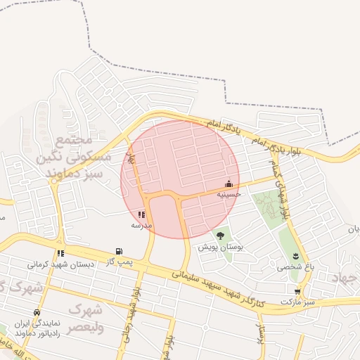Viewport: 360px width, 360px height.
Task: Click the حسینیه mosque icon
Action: (x=229, y=184)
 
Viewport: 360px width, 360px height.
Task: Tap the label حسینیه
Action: (x=229, y=193)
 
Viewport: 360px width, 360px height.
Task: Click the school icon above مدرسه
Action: (x=141, y=214)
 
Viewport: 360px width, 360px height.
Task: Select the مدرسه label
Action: (x=141, y=225)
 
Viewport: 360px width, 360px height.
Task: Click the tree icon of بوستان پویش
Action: (x=220, y=236)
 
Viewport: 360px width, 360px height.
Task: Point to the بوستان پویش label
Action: (x=220, y=247)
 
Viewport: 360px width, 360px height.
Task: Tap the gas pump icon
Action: (x=119, y=251)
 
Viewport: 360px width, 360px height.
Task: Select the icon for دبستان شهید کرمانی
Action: (x=61, y=253)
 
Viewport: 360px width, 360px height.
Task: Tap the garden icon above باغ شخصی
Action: (x=295, y=256)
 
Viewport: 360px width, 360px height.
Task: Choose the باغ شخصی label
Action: (x=293, y=266)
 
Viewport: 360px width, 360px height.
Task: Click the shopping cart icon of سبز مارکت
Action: (x=298, y=290)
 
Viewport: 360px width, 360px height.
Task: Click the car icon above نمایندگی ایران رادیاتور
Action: (x=37, y=312)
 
